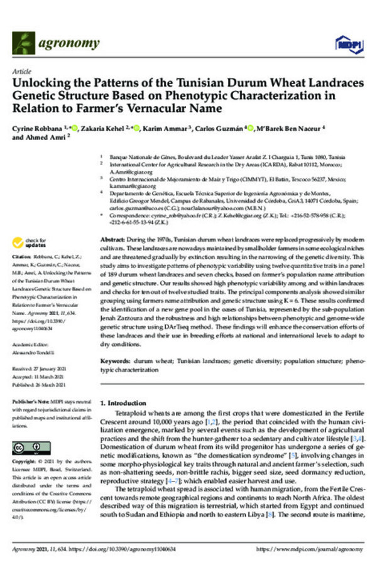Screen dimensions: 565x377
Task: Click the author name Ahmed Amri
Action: tap(47, 139)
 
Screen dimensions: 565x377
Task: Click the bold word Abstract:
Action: tap(114, 241)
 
